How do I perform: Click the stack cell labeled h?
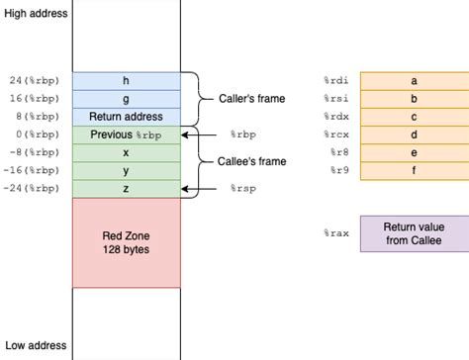[125, 80]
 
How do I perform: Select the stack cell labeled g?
[125, 98]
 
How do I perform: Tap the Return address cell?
[125, 116]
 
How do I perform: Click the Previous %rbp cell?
[125, 134]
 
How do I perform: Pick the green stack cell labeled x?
[125, 151]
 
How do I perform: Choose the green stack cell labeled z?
[125, 187]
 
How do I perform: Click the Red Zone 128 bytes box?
[125, 243]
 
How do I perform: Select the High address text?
[37, 13]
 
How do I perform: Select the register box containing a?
[414, 80]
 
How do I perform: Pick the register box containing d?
[414, 134]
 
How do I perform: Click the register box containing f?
[414, 169]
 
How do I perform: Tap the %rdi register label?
[335, 80]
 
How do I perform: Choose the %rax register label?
[335, 233]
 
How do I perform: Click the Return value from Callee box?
[414, 233]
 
